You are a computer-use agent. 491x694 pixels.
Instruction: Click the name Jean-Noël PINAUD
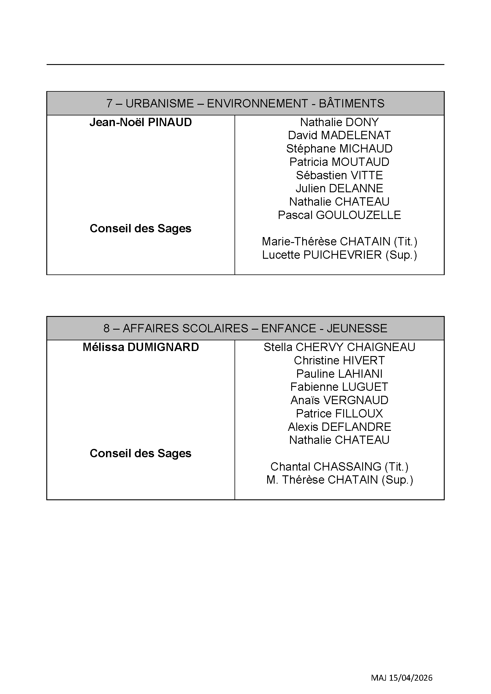click(141, 123)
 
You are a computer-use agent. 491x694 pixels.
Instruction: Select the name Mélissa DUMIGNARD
click(141, 347)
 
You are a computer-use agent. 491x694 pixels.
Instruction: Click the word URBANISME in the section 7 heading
click(159, 103)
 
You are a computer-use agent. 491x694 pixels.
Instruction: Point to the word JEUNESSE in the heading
click(357, 328)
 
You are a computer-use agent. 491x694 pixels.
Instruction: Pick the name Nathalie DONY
click(339, 123)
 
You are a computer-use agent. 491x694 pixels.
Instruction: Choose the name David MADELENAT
click(339, 135)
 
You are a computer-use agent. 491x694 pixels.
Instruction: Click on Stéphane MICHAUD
click(339, 149)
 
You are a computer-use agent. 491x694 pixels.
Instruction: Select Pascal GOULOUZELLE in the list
click(339, 215)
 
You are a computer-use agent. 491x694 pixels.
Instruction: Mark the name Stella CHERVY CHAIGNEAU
click(339, 347)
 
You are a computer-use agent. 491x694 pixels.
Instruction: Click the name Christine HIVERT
click(339, 360)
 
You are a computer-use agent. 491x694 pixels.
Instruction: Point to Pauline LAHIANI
click(339, 374)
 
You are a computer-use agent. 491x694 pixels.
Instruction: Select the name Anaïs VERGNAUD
click(339, 400)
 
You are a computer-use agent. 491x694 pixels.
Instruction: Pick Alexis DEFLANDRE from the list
click(339, 427)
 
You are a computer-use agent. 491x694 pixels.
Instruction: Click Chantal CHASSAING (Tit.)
click(339, 467)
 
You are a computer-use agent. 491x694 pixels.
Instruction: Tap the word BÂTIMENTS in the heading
click(351, 103)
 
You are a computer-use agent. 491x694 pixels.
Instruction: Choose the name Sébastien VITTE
click(339, 175)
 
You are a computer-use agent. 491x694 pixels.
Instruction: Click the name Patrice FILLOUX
click(339, 414)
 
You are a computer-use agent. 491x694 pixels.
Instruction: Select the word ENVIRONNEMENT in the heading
click(257, 103)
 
